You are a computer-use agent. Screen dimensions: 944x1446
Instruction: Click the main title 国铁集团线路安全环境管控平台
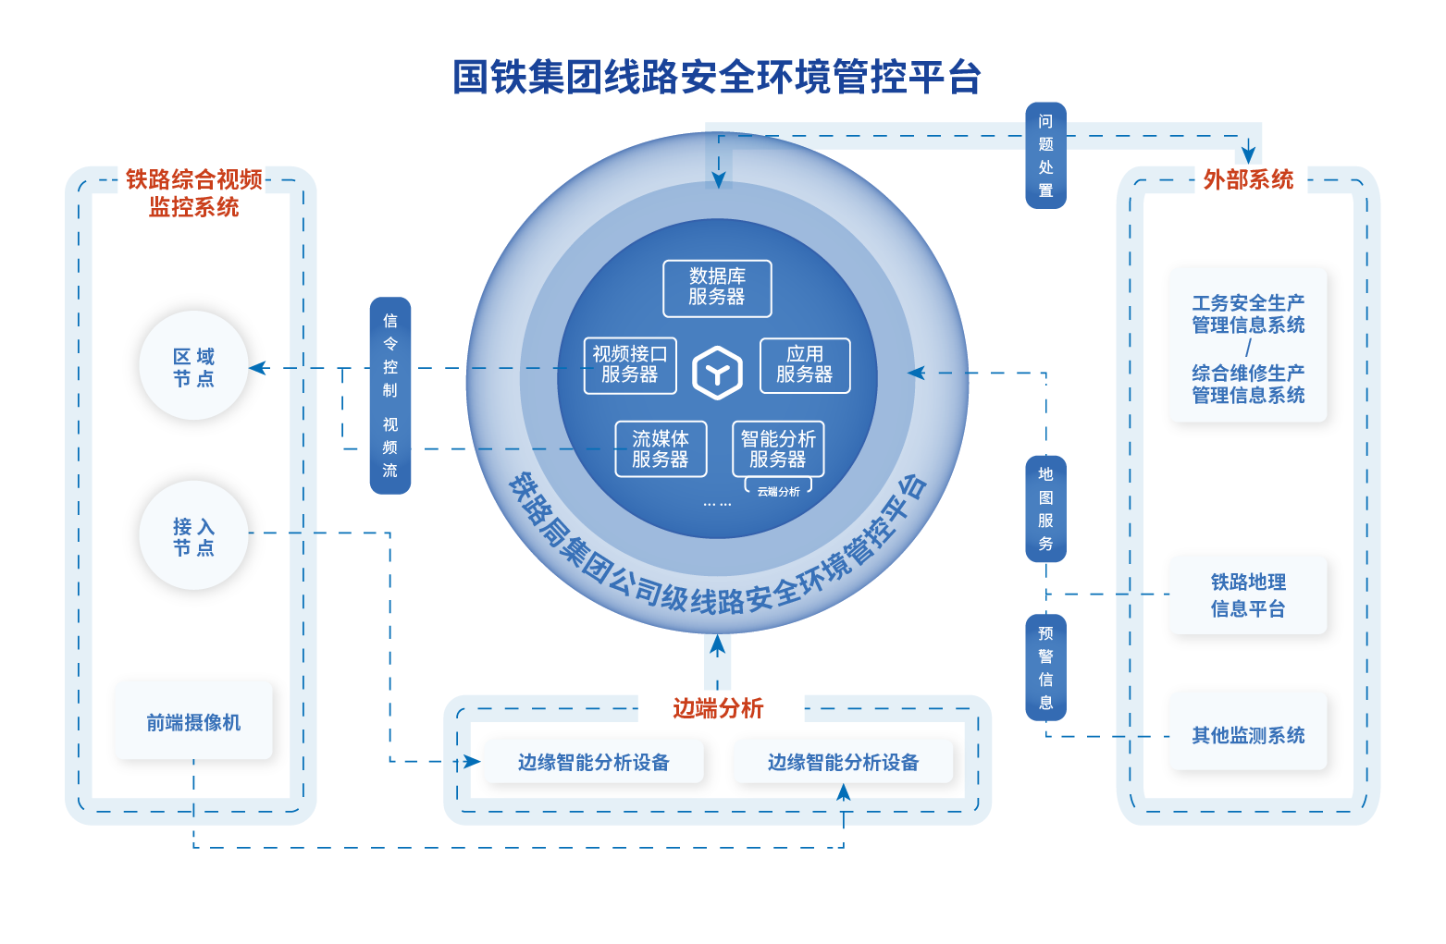pyautogui.click(x=717, y=78)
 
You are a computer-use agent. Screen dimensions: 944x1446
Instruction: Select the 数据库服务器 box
pyautogui.click(x=717, y=288)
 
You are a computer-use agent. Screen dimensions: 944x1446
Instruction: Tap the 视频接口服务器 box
pyautogui.click(x=630, y=365)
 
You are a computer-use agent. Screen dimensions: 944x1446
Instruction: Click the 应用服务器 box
pyautogui.click(x=804, y=365)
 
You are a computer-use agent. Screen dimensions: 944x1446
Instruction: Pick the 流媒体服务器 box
pyautogui.click(x=661, y=449)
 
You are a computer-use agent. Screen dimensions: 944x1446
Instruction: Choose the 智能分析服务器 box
pyautogui.click(x=778, y=449)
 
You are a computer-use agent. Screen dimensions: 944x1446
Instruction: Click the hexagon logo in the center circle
pyautogui.click(x=717, y=373)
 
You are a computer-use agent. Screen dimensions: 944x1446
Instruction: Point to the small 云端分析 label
pyautogui.click(x=778, y=492)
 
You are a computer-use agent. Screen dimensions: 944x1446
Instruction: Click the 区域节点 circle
pyautogui.click(x=194, y=366)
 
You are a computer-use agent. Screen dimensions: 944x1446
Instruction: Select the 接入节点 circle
pyautogui.click(x=194, y=536)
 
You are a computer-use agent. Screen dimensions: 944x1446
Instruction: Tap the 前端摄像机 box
pyautogui.click(x=194, y=722)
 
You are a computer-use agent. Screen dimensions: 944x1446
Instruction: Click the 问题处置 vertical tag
pyautogui.click(x=1045, y=155)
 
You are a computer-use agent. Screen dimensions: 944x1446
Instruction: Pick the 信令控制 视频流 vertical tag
pyautogui.click(x=390, y=396)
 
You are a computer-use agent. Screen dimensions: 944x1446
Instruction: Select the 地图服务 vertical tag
pyautogui.click(x=1045, y=509)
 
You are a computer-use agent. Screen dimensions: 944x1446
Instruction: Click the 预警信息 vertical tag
pyautogui.click(x=1045, y=668)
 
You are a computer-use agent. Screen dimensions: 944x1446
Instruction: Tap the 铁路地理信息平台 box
pyautogui.click(x=1248, y=595)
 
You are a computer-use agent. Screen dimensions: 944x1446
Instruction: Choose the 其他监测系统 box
pyautogui.click(x=1248, y=735)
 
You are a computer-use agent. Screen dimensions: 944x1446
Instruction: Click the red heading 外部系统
pyautogui.click(x=1248, y=179)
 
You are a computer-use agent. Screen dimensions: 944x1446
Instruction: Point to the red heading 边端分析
pyautogui.click(x=718, y=708)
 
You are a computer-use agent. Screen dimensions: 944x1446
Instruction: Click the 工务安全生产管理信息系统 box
pyautogui.click(x=1248, y=349)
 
